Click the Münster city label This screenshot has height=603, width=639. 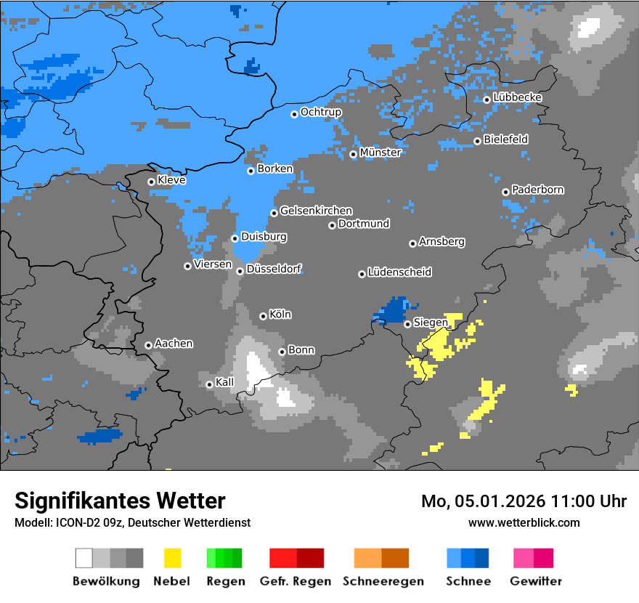pos(380,153)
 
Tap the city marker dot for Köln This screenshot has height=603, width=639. pos(263,316)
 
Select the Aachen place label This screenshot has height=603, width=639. pos(174,344)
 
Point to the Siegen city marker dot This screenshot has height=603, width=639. pos(407,324)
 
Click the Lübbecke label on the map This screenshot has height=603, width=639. pos(517,98)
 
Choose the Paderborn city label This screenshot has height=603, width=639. pos(537,190)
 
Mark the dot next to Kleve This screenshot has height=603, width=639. pos(151,182)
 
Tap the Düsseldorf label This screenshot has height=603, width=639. pos(274,270)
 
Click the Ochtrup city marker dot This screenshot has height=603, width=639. pos(294,114)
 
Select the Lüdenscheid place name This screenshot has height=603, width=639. pos(399,272)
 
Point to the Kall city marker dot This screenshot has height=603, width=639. pos(209,384)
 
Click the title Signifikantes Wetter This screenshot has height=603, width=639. pos(120,501)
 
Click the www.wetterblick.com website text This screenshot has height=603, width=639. pos(524,522)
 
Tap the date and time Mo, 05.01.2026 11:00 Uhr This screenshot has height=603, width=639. pos(524,501)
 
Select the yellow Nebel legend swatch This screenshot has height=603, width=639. pos(172,558)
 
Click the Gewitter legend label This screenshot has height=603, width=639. pos(535,581)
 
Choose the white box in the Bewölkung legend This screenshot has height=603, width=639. pos(84,558)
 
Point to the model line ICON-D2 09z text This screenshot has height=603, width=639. pos(132,522)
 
